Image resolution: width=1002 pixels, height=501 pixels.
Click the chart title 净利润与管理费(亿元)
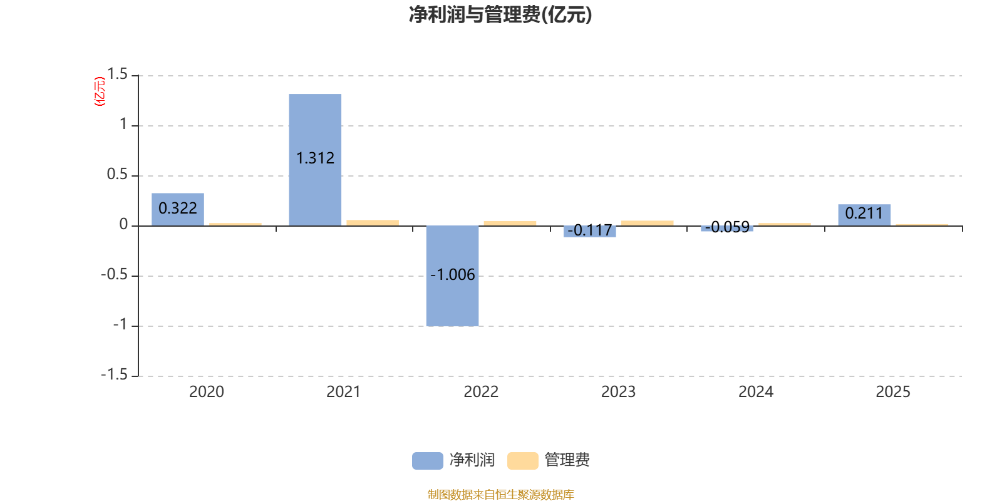(x=500, y=15)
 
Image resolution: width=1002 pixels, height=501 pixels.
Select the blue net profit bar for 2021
(x=315, y=125)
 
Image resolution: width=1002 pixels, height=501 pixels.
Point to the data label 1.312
(x=315, y=158)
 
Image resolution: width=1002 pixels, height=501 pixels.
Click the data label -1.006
(x=452, y=275)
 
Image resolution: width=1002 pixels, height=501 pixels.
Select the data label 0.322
(x=178, y=208)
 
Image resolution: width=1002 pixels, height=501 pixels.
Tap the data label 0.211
(x=864, y=214)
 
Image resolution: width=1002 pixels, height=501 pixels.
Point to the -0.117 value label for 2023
(x=589, y=231)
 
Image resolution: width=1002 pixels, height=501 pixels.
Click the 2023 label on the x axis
(x=618, y=392)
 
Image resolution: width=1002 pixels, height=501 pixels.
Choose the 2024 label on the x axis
(x=755, y=392)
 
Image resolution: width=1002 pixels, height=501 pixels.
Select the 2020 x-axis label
(x=206, y=392)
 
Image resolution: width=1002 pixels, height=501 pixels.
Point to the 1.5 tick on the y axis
(x=117, y=75)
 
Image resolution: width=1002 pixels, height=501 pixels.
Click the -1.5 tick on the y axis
(x=114, y=375)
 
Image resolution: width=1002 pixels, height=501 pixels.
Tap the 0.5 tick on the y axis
(x=117, y=175)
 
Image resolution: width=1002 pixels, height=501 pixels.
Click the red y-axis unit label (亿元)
(x=100, y=91)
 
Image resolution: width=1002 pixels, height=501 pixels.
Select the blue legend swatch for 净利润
(x=427, y=460)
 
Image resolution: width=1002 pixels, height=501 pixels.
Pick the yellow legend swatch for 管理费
(x=522, y=460)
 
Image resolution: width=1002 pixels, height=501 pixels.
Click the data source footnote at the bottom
(x=500, y=495)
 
